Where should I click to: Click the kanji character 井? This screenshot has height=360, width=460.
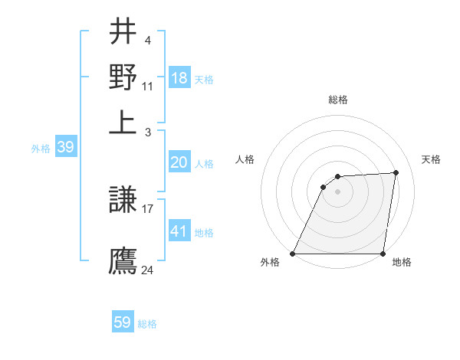[123, 32]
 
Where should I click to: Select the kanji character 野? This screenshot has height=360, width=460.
[123, 77]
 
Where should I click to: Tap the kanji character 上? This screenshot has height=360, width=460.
[123, 120]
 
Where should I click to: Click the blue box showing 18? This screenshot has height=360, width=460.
[179, 78]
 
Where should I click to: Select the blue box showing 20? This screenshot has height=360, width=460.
[179, 162]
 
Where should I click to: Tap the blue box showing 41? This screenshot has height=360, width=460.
[179, 230]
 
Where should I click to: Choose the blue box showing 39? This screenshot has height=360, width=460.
[65, 147]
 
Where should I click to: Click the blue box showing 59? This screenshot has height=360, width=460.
[123, 322]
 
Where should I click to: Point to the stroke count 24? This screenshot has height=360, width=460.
[148, 270]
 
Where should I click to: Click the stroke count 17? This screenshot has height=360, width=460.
[148, 208]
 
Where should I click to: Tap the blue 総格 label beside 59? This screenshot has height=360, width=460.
[147, 324]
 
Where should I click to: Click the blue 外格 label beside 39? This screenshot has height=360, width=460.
[40, 149]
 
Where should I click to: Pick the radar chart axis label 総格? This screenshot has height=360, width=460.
[338, 100]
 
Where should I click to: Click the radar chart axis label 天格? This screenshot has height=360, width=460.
[431, 159]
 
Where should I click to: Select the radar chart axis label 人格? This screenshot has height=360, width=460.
[245, 159]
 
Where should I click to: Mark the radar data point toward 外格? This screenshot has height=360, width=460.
[293, 254]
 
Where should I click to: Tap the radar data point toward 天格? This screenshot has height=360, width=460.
[396, 172]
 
